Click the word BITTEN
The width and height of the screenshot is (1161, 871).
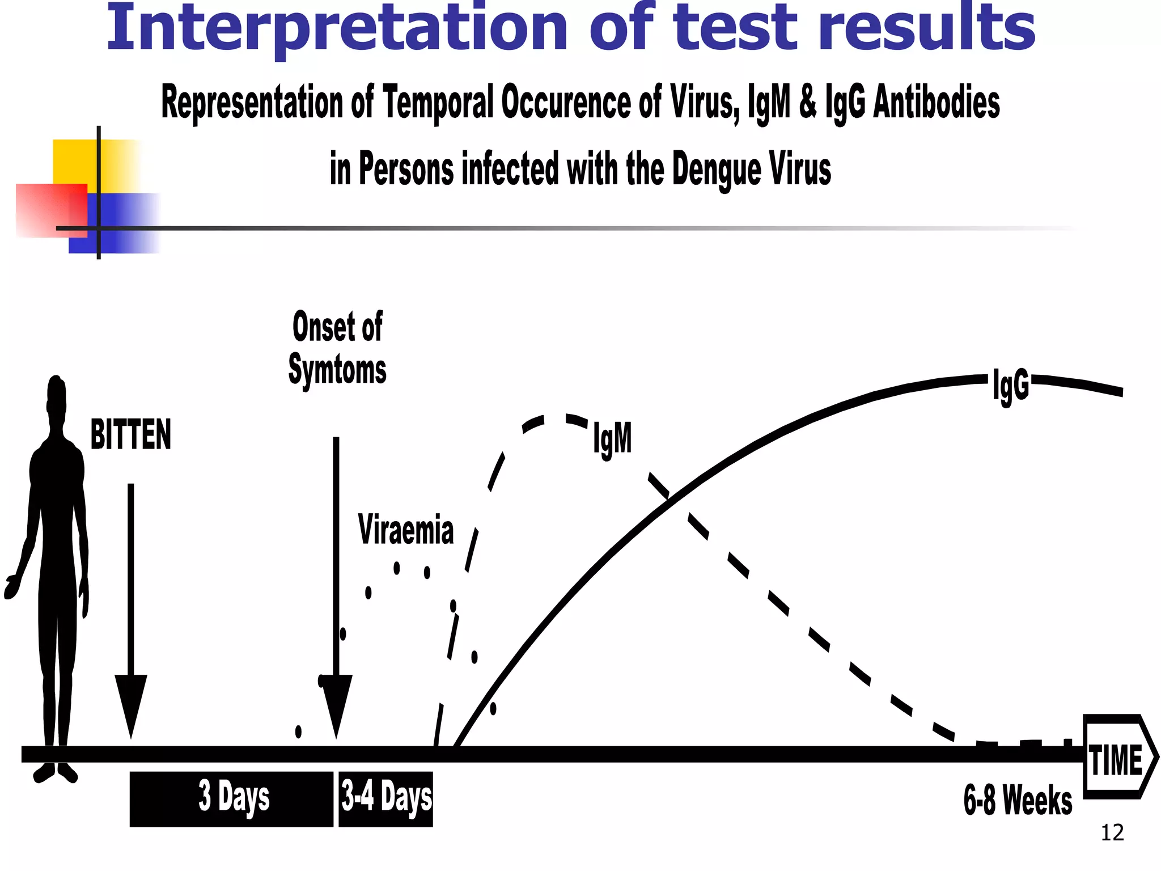pos(131,435)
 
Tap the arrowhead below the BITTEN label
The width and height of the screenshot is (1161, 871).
pos(131,703)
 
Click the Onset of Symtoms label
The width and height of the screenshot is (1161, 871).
pos(337,348)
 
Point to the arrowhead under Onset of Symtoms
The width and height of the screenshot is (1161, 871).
pos(337,703)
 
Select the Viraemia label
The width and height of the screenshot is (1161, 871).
pos(406,530)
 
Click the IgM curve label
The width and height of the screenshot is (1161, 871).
pos(612,438)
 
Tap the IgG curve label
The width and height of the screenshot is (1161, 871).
pos(1011,386)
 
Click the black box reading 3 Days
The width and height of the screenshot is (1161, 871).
pos(232,798)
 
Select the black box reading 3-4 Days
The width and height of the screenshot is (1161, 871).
pos(386,798)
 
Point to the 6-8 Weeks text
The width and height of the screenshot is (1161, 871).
pos(1018,800)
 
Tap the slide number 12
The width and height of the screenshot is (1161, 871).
pos(1112,833)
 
